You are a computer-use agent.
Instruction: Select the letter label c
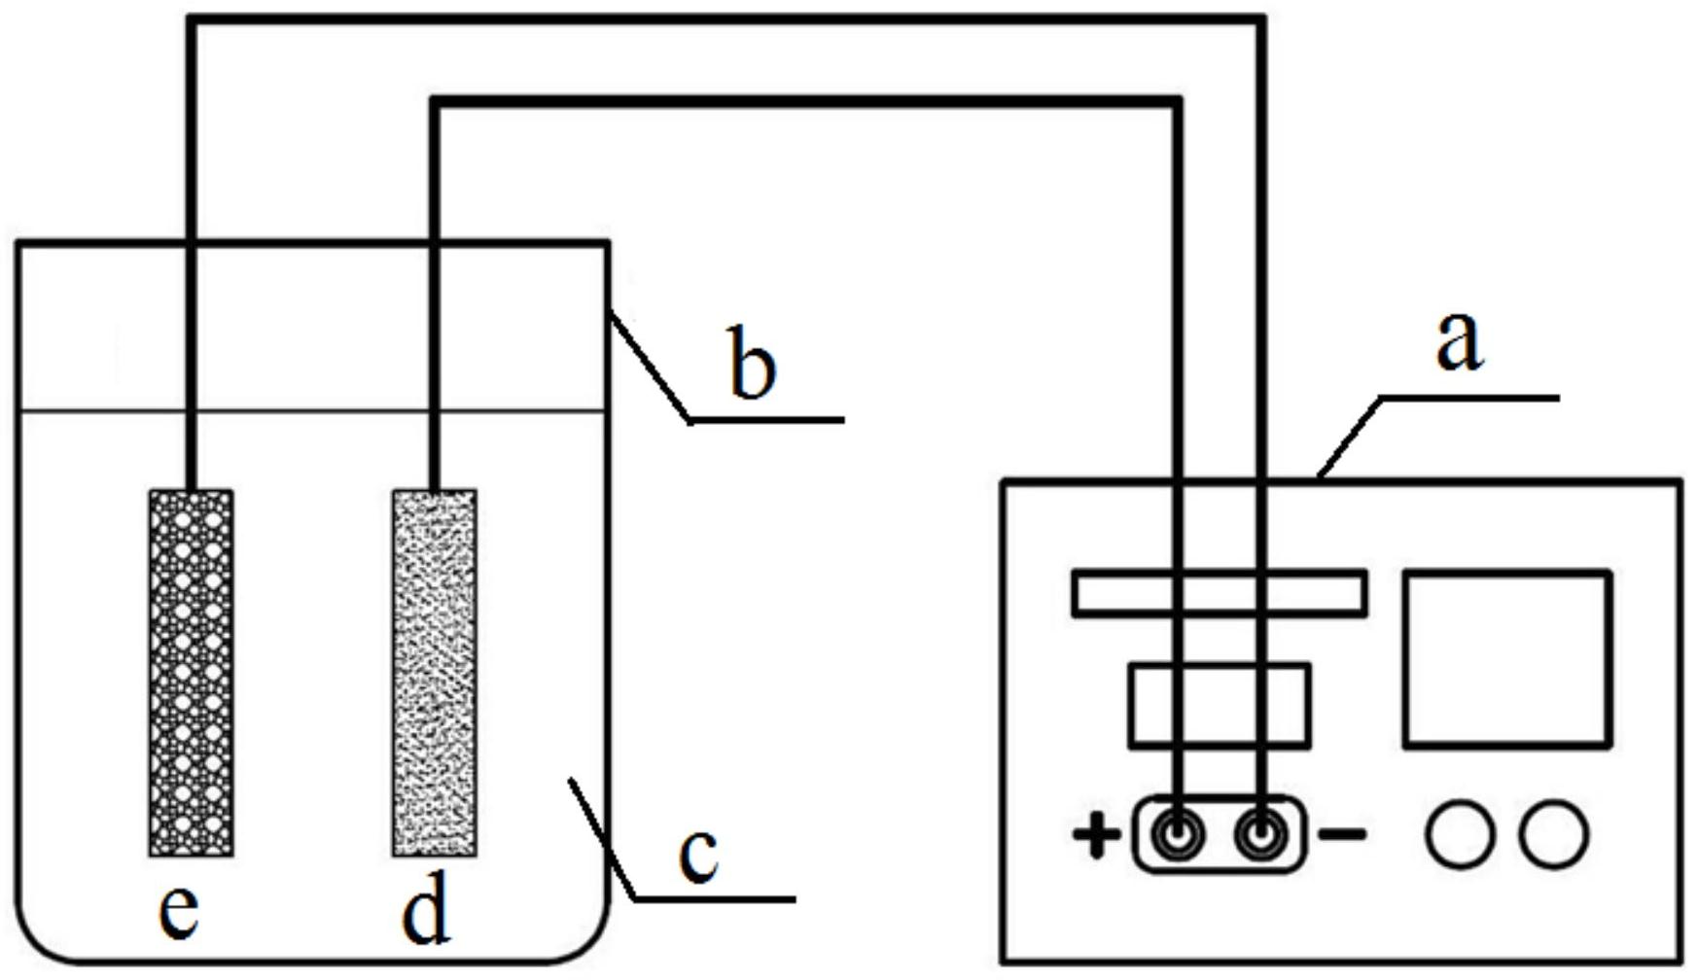point(698,856)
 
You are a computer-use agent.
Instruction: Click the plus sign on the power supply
point(1096,835)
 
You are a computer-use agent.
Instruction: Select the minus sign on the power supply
point(1342,833)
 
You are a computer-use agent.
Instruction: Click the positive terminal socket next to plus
point(1178,834)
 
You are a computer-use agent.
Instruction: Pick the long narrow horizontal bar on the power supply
point(1219,593)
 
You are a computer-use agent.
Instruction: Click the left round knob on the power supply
point(1460,834)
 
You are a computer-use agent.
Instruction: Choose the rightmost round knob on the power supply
point(1554,834)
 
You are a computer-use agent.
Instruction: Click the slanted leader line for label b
point(650,367)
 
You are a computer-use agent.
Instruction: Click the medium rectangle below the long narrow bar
point(1219,706)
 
